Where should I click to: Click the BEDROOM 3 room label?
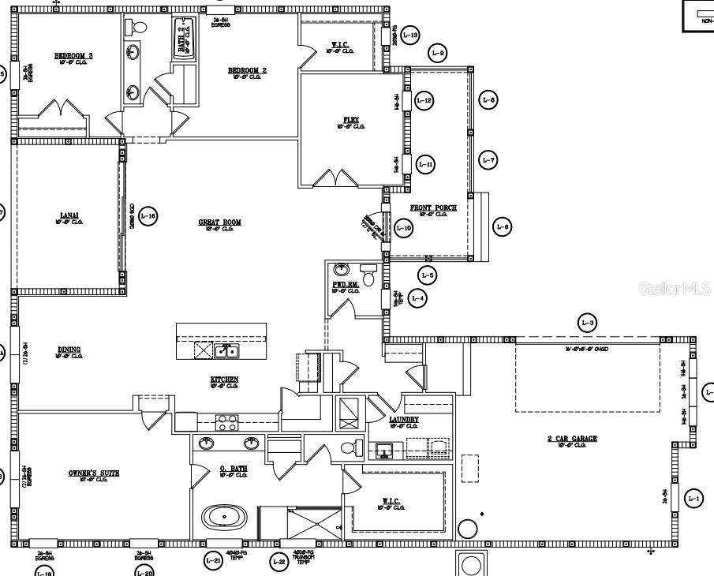[73, 55]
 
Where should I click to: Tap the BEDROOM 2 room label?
[247, 70]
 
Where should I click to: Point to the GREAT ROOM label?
[219, 223]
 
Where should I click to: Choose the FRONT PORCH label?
[433, 208]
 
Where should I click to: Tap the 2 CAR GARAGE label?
[572, 438]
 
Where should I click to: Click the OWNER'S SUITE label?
[93, 473]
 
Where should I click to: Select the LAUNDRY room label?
[404, 419]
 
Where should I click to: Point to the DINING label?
[69, 350]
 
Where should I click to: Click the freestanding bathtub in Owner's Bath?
[224, 518]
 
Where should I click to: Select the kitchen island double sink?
[227, 350]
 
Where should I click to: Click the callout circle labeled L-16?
[148, 215]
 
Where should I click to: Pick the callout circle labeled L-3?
[588, 322]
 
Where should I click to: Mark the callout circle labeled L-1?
[693, 498]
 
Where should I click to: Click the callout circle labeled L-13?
[409, 35]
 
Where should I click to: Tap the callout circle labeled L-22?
[278, 562]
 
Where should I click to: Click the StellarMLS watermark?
[674, 289]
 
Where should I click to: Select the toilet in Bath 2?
[140, 27]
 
